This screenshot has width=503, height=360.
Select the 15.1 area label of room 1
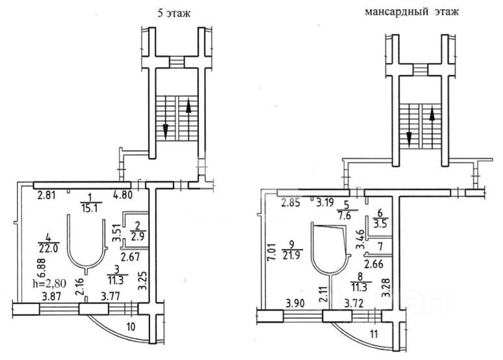88,209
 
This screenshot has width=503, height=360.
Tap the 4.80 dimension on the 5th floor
124,194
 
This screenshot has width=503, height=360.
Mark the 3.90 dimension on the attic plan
296,303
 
